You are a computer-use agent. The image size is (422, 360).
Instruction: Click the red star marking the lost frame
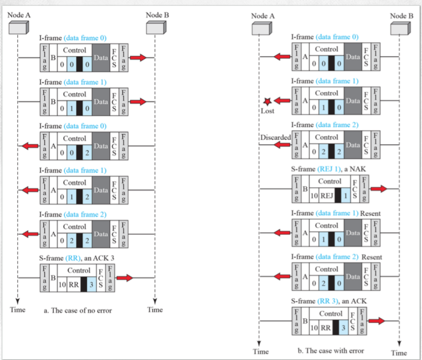pos(267,101)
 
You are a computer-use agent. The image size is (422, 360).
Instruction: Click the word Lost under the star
pos(267,110)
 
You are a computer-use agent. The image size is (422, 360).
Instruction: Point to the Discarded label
pos(275,137)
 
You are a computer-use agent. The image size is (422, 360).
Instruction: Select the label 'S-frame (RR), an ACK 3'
pos(77,259)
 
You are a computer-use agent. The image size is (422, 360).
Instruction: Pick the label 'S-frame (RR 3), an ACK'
pos(329,302)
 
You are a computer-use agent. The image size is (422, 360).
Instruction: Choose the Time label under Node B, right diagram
pos(399,353)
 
